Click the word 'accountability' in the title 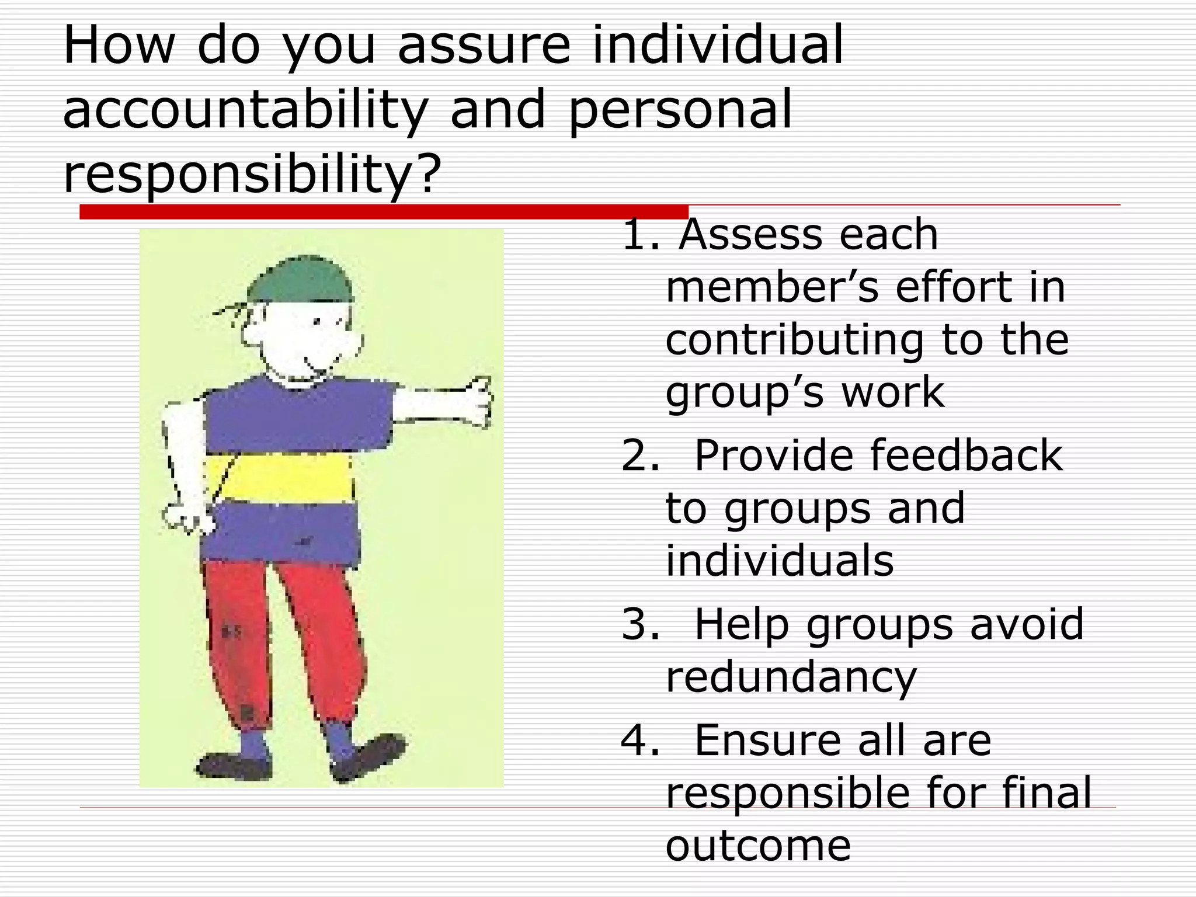click(245, 111)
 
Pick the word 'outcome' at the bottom click(758, 846)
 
